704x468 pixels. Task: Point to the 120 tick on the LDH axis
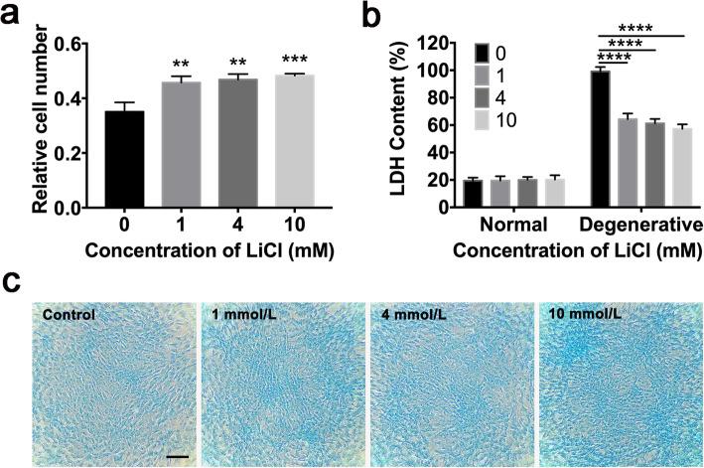(434, 45)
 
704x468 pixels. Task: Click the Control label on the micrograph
(70, 315)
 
